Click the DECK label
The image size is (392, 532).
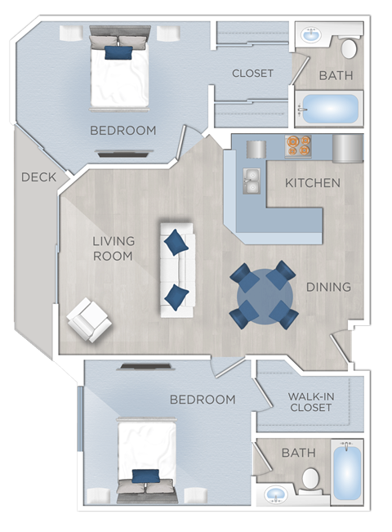pyautogui.click(x=38, y=177)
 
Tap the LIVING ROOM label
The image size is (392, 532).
pyautogui.click(x=114, y=248)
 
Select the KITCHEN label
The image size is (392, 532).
pyautogui.click(x=312, y=182)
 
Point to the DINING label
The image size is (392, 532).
pyautogui.click(x=328, y=287)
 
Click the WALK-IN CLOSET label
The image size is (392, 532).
pyautogui.click(x=310, y=402)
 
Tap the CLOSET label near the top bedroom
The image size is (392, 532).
pyautogui.click(x=252, y=73)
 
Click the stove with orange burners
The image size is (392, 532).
pyautogui.click(x=298, y=145)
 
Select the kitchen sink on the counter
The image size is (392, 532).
pyautogui.click(x=252, y=180)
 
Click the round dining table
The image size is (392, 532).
pyautogui.click(x=262, y=295)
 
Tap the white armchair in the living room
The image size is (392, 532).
pyautogui.click(x=90, y=320)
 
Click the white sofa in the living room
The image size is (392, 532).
pyautogui.click(x=176, y=268)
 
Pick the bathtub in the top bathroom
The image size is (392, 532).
pyautogui.click(x=328, y=108)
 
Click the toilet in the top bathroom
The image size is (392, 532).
pyautogui.click(x=349, y=47)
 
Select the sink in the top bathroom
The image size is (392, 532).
pyautogui.click(x=311, y=36)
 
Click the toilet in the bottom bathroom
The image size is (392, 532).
pyautogui.click(x=310, y=480)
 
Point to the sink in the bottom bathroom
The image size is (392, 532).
pyautogui.click(x=276, y=495)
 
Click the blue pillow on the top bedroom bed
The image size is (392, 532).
pyautogui.click(x=118, y=53)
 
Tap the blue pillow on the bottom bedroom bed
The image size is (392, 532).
pyautogui.click(x=145, y=476)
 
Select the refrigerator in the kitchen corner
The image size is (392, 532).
pyautogui.click(x=346, y=149)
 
